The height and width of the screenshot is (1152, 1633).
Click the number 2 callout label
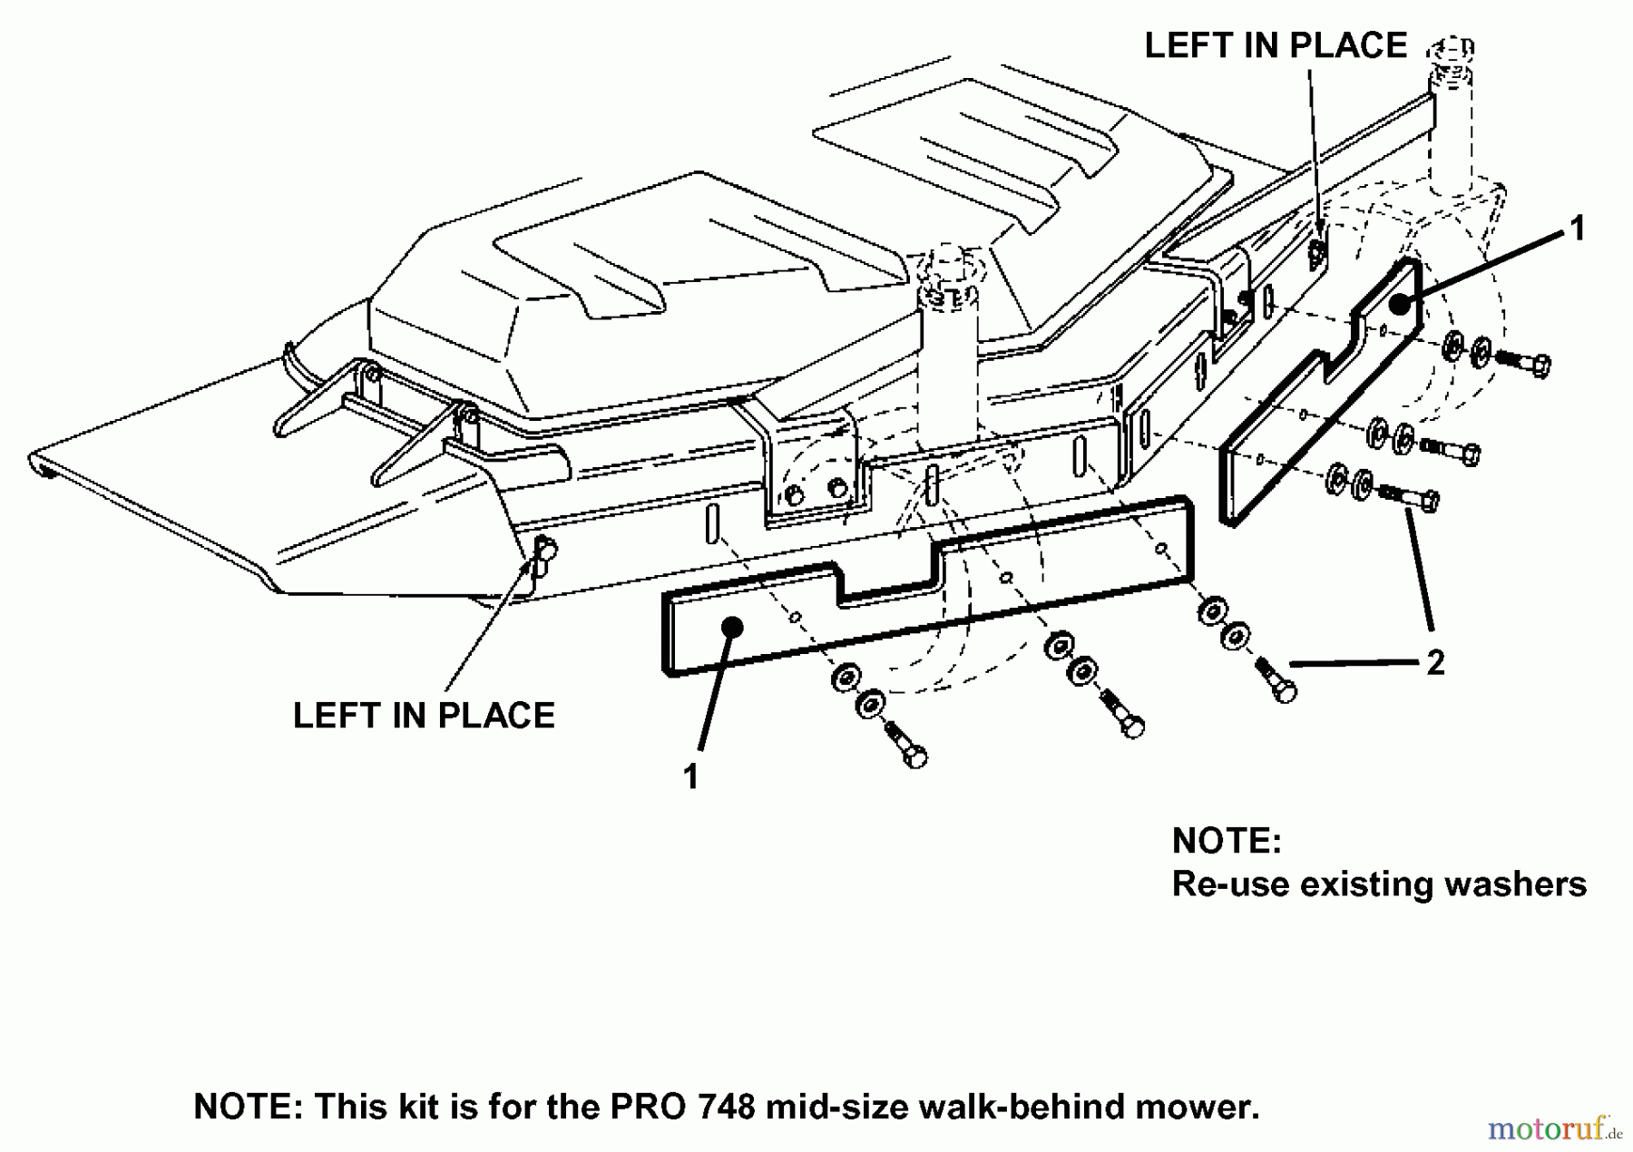[x=1435, y=663]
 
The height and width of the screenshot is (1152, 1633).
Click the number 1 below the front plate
[x=691, y=776]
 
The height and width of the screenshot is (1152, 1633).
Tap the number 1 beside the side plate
[x=1578, y=229]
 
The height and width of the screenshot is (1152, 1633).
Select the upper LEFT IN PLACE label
[x=1276, y=45]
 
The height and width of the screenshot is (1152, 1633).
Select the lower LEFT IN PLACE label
[x=424, y=716]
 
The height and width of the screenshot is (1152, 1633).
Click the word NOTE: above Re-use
[x=1227, y=841]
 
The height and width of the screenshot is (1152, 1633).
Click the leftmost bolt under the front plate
[x=903, y=744]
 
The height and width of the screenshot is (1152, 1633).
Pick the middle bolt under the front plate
[x=1121, y=714]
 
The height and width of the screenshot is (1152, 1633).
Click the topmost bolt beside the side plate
[x=1522, y=363]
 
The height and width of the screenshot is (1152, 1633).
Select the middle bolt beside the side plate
[x=1450, y=450]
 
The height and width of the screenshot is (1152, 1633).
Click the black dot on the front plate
[x=732, y=627]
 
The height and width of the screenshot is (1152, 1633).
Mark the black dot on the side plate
[x=1401, y=304]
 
